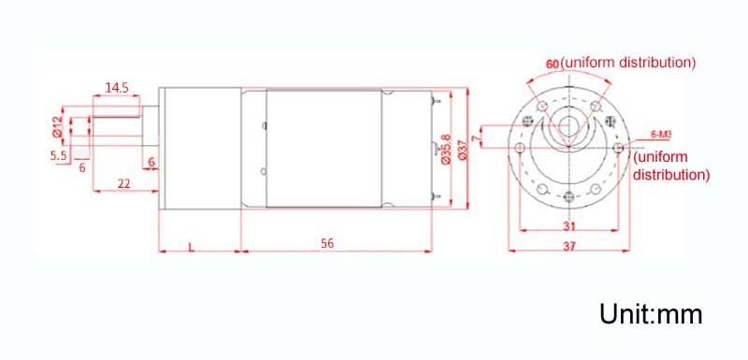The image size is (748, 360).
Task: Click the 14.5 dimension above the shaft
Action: pyautogui.click(x=117, y=88)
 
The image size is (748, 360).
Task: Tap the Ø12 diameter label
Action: pyautogui.click(x=57, y=126)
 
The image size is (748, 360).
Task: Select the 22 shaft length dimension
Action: pyautogui.click(x=124, y=183)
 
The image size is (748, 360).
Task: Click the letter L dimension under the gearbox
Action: pyautogui.click(x=192, y=247)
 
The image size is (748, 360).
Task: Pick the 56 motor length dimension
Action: pyautogui.click(x=327, y=244)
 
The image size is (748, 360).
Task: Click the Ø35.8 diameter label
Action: pyautogui.click(x=446, y=150)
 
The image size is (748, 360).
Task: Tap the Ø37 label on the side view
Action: pyautogui.click(x=462, y=150)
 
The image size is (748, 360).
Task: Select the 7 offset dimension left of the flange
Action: pyautogui.click(x=474, y=138)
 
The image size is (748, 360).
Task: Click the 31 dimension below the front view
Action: pyautogui.click(x=569, y=225)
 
